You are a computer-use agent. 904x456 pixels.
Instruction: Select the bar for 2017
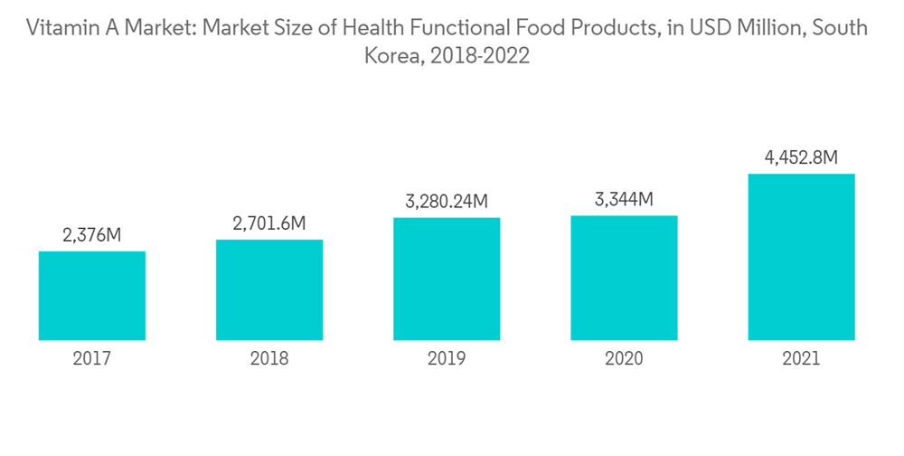(x=92, y=295)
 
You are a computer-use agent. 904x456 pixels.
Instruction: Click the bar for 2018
(x=269, y=290)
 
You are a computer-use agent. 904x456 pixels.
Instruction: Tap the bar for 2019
(x=447, y=279)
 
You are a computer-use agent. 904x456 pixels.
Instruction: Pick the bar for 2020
(x=624, y=278)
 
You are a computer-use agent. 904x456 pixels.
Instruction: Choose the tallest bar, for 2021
(x=801, y=257)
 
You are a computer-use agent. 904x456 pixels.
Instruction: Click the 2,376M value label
(x=92, y=236)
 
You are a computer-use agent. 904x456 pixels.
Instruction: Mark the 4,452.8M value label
(x=801, y=158)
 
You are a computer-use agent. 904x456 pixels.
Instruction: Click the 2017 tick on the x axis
(x=92, y=359)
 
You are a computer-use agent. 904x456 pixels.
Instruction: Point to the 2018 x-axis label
(x=269, y=359)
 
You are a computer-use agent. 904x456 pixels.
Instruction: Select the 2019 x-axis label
(x=447, y=359)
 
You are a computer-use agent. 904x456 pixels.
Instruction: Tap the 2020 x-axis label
(x=624, y=359)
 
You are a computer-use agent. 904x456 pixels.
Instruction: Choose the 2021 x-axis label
(x=801, y=359)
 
